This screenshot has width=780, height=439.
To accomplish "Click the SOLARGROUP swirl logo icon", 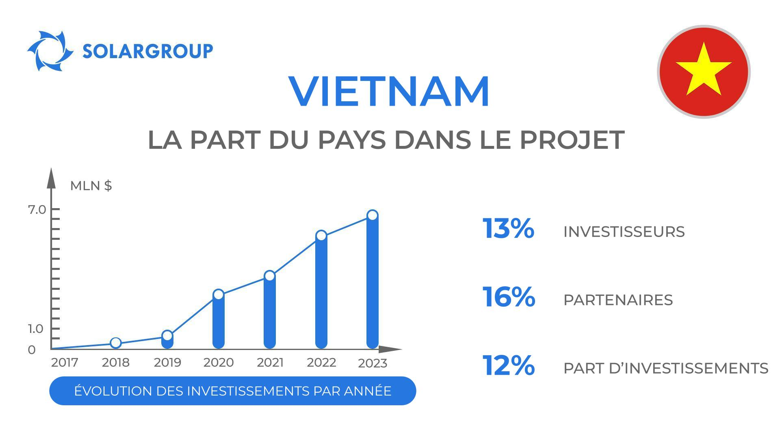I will [x=50, y=51].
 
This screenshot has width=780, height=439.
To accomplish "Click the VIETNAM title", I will [x=389, y=91].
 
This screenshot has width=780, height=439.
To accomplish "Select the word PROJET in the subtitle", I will [x=572, y=140].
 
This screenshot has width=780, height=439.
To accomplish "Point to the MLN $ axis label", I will [x=91, y=186].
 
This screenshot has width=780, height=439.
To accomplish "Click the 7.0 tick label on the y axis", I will [x=37, y=210].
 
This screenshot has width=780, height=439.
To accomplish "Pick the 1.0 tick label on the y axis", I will [x=36, y=329].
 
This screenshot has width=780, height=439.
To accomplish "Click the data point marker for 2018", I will [x=116, y=343].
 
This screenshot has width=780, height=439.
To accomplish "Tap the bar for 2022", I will [x=321, y=293].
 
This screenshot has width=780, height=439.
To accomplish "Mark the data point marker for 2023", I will [x=373, y=215].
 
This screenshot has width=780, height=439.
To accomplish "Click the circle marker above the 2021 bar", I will [x=270, y=276].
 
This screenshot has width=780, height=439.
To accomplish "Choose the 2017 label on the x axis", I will [x=65, y=363].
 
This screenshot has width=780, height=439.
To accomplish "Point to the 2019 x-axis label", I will [x=167, y=363].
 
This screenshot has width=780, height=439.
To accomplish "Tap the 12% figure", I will [x=508, y=365].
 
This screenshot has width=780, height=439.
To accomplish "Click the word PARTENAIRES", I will [x=618, y=300].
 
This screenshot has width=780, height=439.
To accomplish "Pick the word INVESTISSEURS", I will [x=624, y=232].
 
